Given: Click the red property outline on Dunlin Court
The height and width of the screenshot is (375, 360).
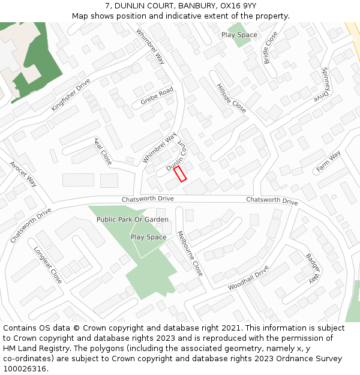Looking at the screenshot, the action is pos(180,174).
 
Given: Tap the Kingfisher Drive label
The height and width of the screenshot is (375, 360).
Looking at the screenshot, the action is pos(71,95).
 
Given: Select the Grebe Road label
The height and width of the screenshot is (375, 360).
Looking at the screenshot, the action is pos(157,96).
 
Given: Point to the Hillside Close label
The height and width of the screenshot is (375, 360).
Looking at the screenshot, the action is pos(232,98).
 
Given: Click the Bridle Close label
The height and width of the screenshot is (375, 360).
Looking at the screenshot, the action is pos(271,47).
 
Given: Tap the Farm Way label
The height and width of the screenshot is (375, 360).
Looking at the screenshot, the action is pos(328,161).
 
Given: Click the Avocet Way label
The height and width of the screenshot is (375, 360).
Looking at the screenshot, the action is pos(23,174).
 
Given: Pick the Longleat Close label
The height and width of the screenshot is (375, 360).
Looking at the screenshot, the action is pos(47,265).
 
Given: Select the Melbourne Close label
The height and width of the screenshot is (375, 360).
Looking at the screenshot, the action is pos(190,253).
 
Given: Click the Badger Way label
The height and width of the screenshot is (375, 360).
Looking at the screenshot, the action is pos(313,268).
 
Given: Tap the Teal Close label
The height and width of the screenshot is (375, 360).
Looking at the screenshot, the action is pos(103,152).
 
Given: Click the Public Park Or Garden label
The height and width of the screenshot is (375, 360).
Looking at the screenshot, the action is pos(133,220).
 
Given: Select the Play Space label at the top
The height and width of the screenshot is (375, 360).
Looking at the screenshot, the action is pos(239,35).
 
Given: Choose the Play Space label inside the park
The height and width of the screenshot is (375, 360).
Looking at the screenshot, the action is pos(148,237).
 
